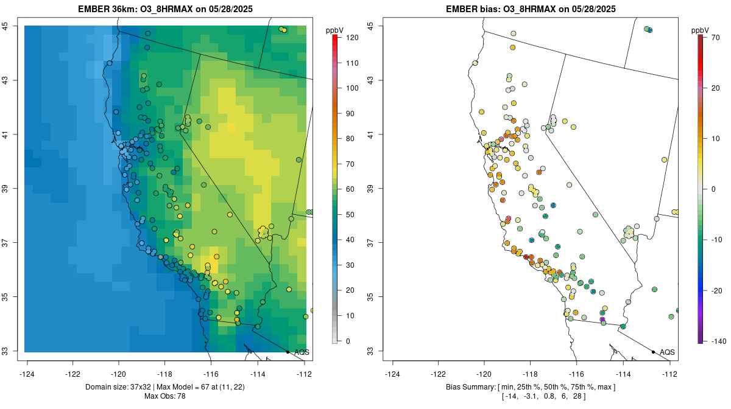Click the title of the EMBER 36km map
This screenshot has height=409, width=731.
click(x=166, y=9)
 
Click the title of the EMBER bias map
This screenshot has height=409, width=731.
click(x=532, y=9)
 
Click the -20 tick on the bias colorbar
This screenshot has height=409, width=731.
click(x=717, y=291)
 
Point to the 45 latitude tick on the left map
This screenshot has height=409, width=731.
click(x=13, y=26)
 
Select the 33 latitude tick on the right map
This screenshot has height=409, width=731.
click(x=378, y=351)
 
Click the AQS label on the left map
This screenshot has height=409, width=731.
click(x=302, y=352)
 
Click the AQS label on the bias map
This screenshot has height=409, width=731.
click(x=667, y=352)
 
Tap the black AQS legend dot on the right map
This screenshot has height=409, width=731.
click(x=653, y=352)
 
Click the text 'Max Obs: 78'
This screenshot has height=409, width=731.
click(x=166, y=396)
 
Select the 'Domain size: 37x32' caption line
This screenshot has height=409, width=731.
click(x=166, y=387)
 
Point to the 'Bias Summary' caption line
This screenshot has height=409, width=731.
click(x=532, y=387)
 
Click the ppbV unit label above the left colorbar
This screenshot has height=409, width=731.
click(x=334, y=30)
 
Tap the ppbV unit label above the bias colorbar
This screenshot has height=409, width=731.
click(x=700, y=30)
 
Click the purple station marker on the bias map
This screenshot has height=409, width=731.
click(x=602, y=319)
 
